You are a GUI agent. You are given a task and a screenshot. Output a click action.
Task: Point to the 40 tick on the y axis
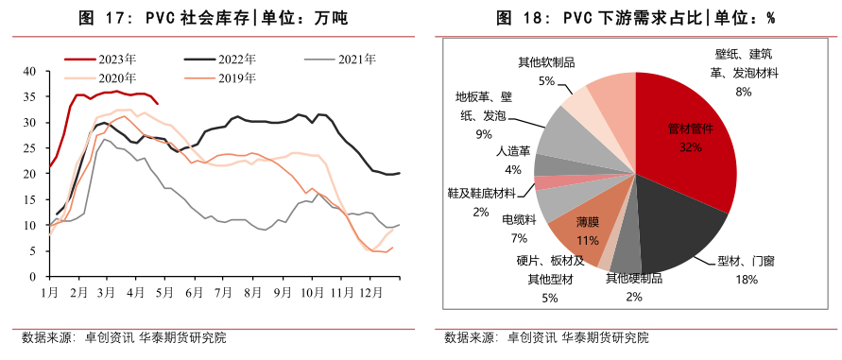click(x=29, y=72)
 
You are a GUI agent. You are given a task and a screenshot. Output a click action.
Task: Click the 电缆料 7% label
click(x=519, y=228)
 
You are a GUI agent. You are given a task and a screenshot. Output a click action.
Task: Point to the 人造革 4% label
click(x=513, y=160)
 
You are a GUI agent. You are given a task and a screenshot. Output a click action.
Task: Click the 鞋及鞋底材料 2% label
click(x=481, y=201)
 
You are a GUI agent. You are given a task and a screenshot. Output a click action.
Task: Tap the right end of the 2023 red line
click(x=158, y=104)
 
